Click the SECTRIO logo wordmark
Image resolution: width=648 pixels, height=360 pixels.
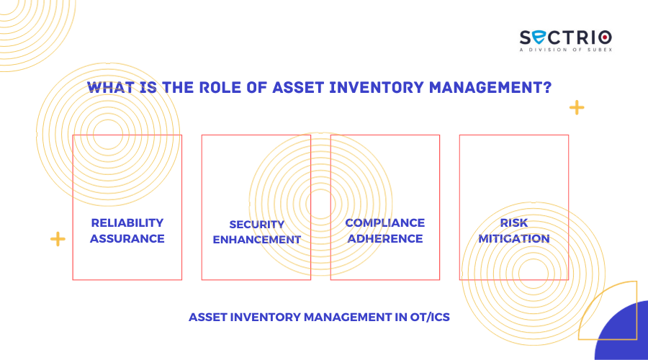click(566, 37)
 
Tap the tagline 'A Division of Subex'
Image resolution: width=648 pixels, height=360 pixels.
click(566, 50)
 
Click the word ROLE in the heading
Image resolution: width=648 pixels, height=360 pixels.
click(220, 87)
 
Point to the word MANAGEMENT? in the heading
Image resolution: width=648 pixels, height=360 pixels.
click(490, 87)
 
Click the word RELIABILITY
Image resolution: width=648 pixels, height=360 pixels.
click(127, 222)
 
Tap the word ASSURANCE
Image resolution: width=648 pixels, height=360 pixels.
click(127, 238)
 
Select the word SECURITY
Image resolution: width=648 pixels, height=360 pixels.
click(256, 225)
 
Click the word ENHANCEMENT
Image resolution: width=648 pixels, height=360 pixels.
click(256, 240)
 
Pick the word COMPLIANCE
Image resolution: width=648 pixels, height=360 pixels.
click(384, 222)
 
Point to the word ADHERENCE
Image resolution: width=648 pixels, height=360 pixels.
click(384, 238)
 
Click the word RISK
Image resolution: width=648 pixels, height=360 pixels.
click(513, 222)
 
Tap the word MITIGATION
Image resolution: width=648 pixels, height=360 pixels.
click(513, 238)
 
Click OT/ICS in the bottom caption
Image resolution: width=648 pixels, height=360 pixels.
click(430, 317)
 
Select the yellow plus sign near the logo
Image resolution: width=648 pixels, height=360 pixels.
click(577, 108)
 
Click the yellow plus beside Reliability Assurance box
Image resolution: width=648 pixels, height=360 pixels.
click(58, 239)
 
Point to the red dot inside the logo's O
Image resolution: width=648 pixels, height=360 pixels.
click(605, 37)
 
